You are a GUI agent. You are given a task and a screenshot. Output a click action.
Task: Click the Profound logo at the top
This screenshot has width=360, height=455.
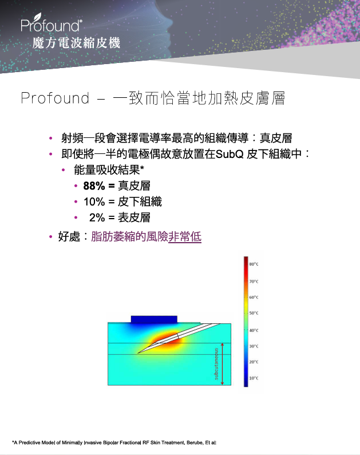[x=52, y=23]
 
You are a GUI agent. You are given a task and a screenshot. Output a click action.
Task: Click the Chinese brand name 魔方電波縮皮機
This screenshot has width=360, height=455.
[x=76, y=43]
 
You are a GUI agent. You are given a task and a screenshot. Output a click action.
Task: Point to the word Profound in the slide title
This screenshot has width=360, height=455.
[x=55, y=98]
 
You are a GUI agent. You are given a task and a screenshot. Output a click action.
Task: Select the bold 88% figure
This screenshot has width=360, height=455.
[x=94, y=186]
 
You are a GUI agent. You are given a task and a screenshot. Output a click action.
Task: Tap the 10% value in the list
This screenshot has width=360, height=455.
[x=94, y=201]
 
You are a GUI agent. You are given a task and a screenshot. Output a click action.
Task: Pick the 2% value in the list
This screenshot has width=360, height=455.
[x=97, y=217]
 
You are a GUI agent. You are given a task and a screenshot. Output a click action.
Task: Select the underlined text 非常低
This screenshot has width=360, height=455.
[x=185, y=237]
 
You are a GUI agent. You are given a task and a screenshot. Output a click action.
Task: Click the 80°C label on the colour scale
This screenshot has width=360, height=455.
[x=254, y=264]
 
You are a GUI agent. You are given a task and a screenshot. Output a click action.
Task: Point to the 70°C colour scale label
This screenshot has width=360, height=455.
[x=254, y=282]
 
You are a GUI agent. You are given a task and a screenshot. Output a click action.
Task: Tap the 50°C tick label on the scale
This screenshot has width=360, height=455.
[x=254, y=313]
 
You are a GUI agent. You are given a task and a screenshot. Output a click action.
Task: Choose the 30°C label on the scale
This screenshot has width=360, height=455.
[x=254, y=346]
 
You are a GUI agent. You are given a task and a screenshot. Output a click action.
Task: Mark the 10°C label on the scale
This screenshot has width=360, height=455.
[x=254, y=378]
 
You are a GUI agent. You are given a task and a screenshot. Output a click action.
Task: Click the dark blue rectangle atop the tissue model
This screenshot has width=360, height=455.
[x=154, y=319]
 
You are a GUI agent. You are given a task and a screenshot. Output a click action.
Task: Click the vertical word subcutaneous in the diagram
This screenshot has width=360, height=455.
[x=216, y=364]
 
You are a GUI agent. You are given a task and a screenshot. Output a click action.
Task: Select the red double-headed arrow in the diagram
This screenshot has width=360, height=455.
[x=222, y=364]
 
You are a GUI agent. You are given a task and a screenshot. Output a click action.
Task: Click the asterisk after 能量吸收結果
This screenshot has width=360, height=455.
[x=142, y=168]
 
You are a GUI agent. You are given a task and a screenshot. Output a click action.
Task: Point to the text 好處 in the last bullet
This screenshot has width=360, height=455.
[x=69, y=237]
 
